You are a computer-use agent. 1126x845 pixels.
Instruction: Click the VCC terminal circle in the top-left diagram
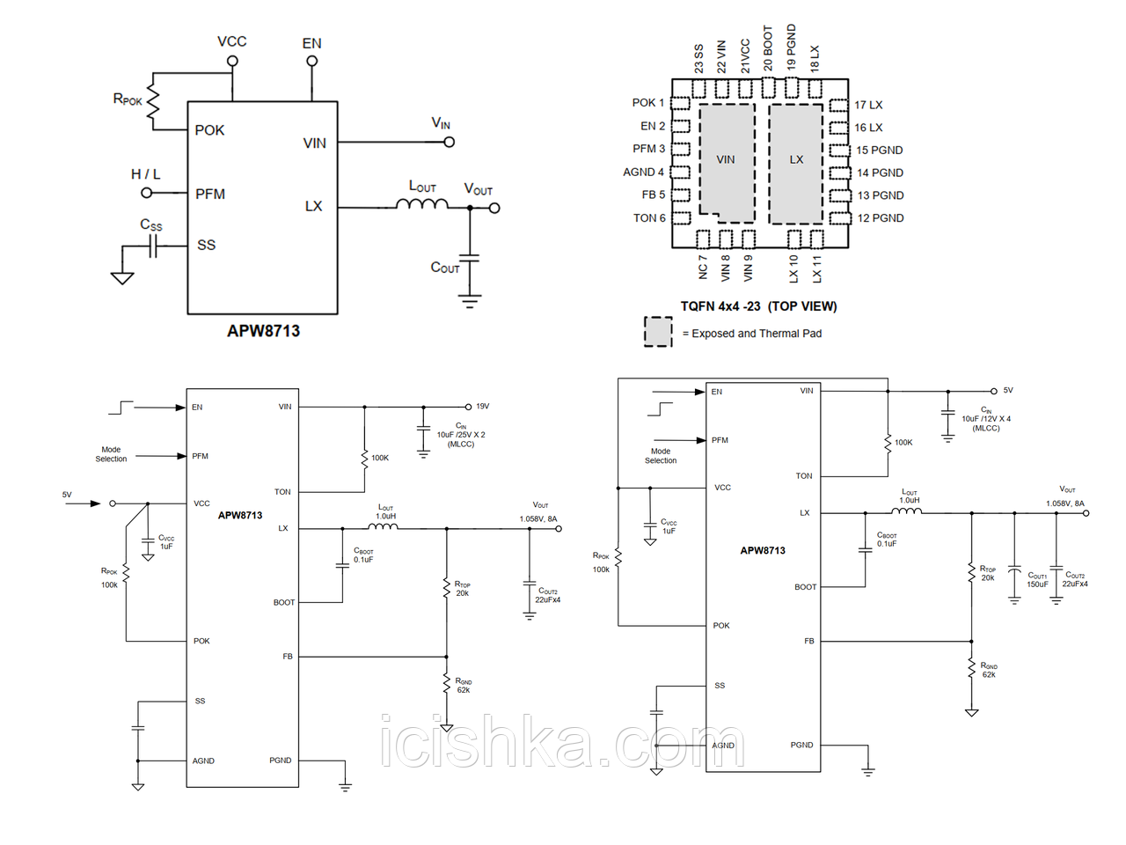click(232, 61)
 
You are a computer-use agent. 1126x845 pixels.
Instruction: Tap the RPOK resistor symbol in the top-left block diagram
click(154, 102)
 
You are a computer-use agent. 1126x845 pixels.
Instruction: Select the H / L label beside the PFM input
click(146, 174)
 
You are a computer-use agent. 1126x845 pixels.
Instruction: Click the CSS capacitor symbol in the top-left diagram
click(153, 249)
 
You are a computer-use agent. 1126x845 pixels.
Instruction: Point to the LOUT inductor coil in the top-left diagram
click(421, 204)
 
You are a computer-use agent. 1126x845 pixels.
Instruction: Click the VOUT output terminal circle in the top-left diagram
click(494, 209)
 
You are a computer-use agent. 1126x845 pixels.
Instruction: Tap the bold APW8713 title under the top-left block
click(263, 331)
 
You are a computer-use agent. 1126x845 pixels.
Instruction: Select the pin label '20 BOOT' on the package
click(768, 48)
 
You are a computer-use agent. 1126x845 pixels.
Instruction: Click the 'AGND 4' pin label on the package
click(643, 172)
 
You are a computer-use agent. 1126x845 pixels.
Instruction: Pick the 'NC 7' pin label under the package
click(703, 268)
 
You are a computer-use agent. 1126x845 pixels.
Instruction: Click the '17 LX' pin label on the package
click(868, 105)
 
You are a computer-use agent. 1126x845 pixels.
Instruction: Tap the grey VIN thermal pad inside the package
click(727, 161)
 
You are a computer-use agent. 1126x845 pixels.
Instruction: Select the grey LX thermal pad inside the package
click(796, 161)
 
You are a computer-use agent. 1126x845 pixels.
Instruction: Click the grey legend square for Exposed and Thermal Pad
click(658, 332)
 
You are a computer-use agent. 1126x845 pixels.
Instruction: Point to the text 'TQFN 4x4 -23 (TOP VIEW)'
click(758, 306)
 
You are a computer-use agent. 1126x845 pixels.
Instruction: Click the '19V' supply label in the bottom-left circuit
click(482, 407)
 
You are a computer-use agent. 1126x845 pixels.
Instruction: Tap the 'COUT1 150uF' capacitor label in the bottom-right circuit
click(1037, 579)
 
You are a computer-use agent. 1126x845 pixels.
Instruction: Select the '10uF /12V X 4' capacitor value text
click(986, 419)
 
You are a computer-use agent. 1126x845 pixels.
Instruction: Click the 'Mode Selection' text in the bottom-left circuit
click(111, 454)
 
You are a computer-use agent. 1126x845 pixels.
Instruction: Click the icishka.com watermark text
click(562, 741)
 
